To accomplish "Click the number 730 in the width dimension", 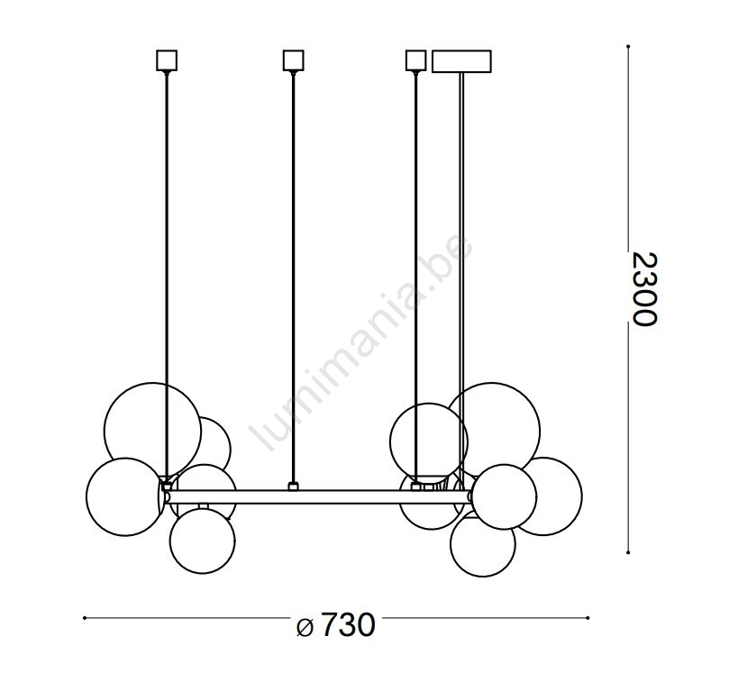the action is pyautogui.click(x=347, y=625).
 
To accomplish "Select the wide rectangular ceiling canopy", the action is pyautogui.click(x=461, y=61).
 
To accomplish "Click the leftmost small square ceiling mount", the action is pyautogui.click(x=167, y=60).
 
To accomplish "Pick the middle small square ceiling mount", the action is pyautogui.click(x=293, y=60).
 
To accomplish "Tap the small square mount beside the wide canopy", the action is pyautogui.click(x=415, y=60).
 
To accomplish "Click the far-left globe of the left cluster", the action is pyautogui.click(x=124, y=496).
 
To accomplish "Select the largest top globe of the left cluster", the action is pyautogui.click(x=152, y=431).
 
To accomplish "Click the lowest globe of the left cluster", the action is pyautogui.click(x=202, y=541).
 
